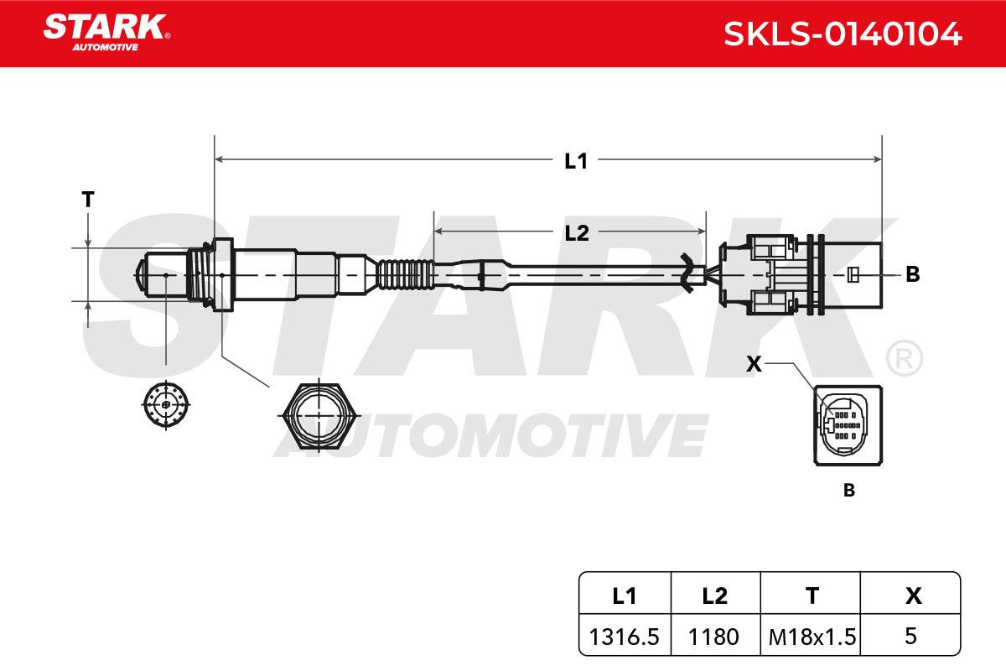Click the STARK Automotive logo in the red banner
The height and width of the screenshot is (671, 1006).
[106, 33]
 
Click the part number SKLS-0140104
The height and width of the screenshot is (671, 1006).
[843, 34]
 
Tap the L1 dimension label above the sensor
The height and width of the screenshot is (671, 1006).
[576, 161]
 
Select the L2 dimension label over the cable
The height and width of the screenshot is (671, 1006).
[576, 233]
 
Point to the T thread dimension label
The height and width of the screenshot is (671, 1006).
[88, 199]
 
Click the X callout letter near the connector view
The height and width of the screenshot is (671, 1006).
[754, 363]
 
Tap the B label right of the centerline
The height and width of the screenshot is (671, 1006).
[913, 274]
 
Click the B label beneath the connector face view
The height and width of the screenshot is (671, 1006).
[848, 490]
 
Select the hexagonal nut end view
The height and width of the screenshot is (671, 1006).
[319, 416]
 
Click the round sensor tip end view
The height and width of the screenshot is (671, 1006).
[166, 404]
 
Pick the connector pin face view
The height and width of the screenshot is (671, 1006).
[848, 425]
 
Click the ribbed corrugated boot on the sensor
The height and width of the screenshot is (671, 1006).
[405, 274]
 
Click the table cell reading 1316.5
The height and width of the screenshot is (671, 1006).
[624, 637]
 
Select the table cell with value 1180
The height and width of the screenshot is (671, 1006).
[713, 637]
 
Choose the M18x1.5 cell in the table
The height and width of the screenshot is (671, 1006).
[812, 637]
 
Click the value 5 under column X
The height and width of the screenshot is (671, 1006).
[910, 636]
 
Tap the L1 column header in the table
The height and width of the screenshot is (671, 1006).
[625, 596]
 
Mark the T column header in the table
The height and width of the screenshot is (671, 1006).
[812, 596]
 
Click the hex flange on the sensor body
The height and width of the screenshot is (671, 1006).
[223, 274]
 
